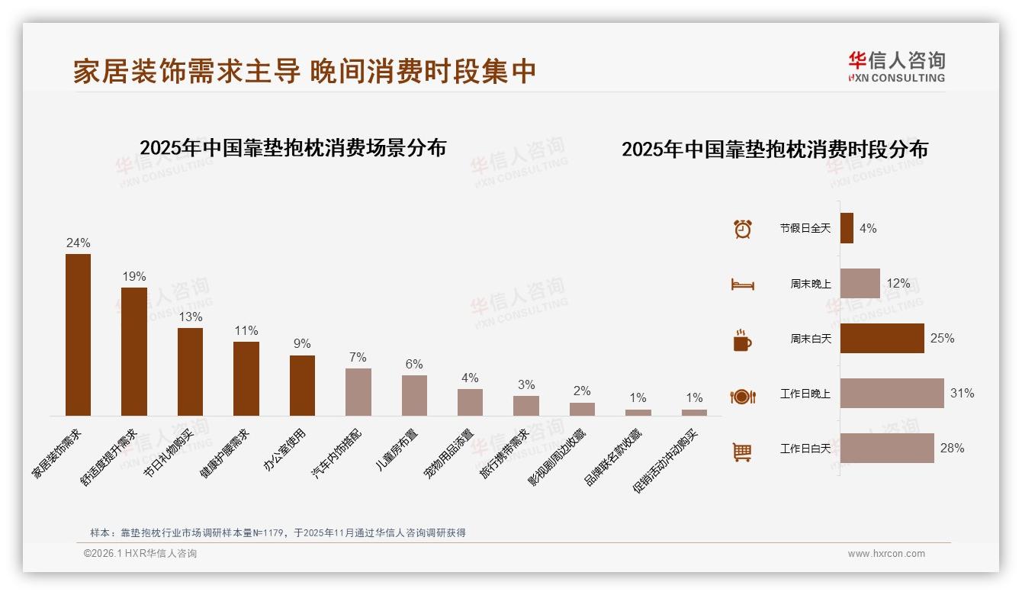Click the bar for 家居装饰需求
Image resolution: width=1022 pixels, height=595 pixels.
tap(78, 335)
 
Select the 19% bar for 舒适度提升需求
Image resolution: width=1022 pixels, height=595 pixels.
tap(134, 352)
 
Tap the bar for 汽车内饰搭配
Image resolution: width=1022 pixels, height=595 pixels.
tap(358, 392)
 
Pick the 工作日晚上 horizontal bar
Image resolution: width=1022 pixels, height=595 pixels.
tap(892, 394)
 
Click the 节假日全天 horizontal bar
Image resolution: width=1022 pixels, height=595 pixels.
tap(847, 228)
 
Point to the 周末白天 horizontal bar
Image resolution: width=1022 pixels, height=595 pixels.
tap(882, 339)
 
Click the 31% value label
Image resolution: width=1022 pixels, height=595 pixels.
tap(962, 394)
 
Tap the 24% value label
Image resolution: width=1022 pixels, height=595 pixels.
tap(78, 243)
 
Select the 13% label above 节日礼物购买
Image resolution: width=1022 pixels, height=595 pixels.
tap(190, 317)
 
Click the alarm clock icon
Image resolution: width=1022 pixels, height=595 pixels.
tap(742, 229)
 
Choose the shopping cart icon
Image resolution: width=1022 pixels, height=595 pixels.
tap(742, 452)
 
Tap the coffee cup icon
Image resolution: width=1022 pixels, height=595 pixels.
tap(742, 340)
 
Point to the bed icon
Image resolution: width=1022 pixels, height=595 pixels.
tap(742, 285)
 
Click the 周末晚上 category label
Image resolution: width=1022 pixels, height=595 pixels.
tap(810, 284)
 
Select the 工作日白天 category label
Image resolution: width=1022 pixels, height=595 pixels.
tap(805, 449)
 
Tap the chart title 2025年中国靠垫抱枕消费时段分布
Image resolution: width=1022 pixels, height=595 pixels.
tap(774, 150)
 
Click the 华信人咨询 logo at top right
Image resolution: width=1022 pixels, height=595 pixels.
tap(896, 66)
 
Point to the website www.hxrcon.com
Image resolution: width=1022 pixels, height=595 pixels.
tap(886, 554)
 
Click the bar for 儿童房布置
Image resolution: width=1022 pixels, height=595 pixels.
tap(414, 395)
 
